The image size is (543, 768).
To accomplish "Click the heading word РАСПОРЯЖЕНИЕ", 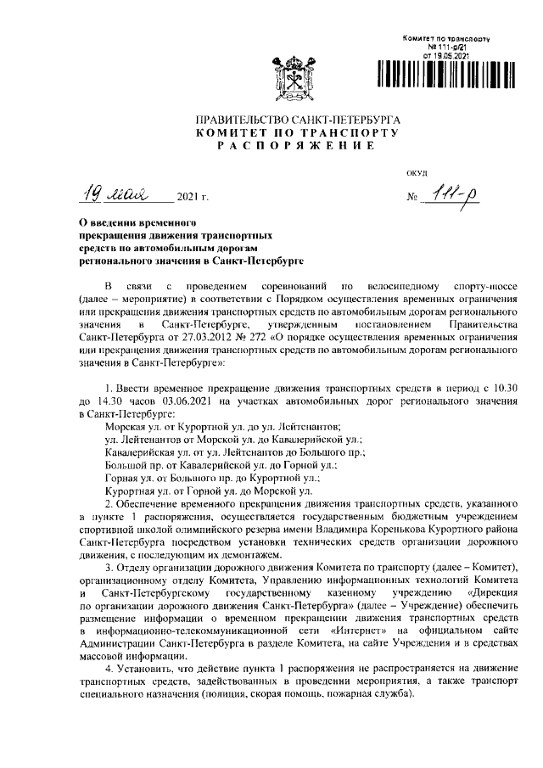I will tap(296, 147).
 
